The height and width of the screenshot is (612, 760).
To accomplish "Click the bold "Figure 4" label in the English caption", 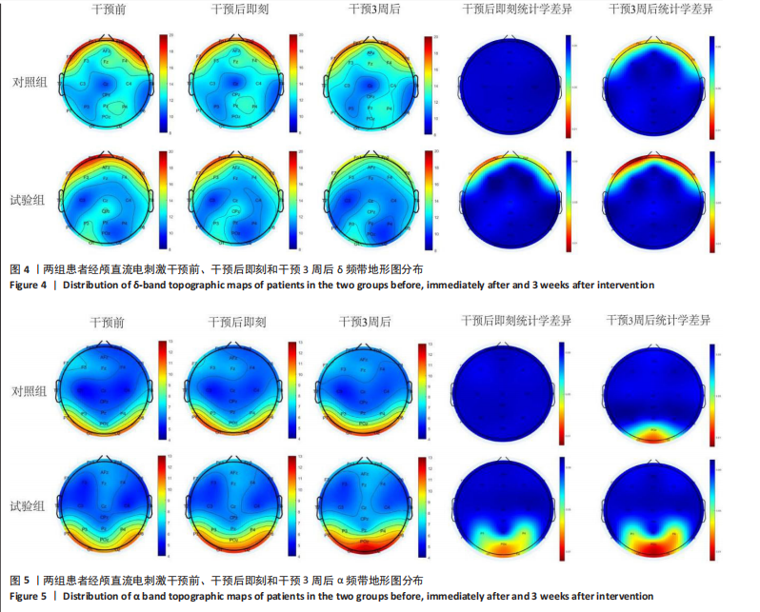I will [30, 285].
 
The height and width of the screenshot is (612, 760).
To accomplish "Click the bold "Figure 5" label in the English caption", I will [30, 596].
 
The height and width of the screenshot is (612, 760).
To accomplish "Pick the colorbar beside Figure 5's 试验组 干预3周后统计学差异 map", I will [711, 507].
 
